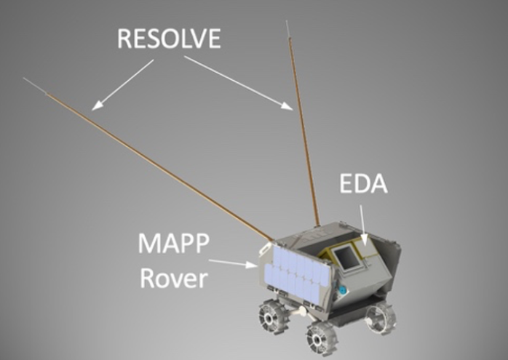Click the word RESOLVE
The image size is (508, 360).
[x=169, y=38]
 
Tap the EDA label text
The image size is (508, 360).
[x=363, y=185]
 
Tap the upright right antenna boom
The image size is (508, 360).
[x=304, y=131]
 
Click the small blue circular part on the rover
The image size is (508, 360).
[x=343, y=290]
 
